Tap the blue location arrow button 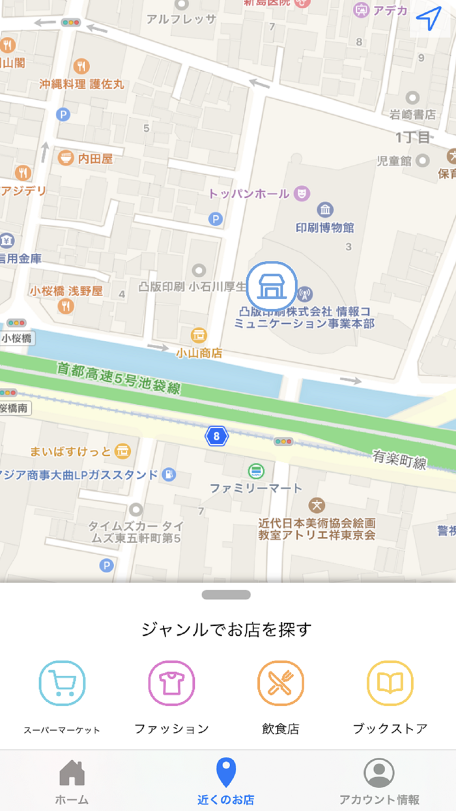(x=428, y=20)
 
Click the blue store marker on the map (x=272, y=286)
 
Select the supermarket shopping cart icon (x=62, y=683)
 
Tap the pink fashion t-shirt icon (x=171, y=683)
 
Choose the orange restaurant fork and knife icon (x=281, y=683)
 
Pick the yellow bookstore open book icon (x=390, y=683)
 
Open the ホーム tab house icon (x=72, y=774)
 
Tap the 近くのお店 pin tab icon (x=226, y=773)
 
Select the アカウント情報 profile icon (x=379, y=773)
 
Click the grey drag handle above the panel (x=226, y=595)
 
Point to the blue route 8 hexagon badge (x=216, y=435)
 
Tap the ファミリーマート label (x=256, y=488)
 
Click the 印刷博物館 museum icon (x=325, y=210)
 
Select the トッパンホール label (x=249, y=194)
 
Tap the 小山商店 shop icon (x=199, y=335)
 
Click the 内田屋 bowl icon (x=66, y=158)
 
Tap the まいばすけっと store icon (x=122, y=451)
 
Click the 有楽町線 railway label (x=399, y=458)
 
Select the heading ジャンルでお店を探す (x=227, y=630)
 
